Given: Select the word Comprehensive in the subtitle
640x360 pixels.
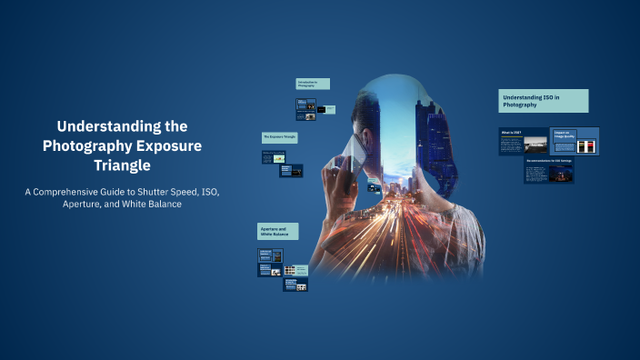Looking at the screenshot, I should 95,192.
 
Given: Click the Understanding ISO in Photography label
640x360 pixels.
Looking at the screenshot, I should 544,100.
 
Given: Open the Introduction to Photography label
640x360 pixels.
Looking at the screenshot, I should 312,84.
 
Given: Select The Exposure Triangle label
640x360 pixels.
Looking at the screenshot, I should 280,136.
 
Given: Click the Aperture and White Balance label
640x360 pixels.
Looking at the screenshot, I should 277,232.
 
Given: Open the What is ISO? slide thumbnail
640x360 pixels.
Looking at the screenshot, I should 524,141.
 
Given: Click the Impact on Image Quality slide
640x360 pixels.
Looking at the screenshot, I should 575,141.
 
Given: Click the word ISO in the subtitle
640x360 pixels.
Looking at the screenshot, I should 200,192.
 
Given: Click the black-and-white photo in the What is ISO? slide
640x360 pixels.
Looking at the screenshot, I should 536,144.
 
